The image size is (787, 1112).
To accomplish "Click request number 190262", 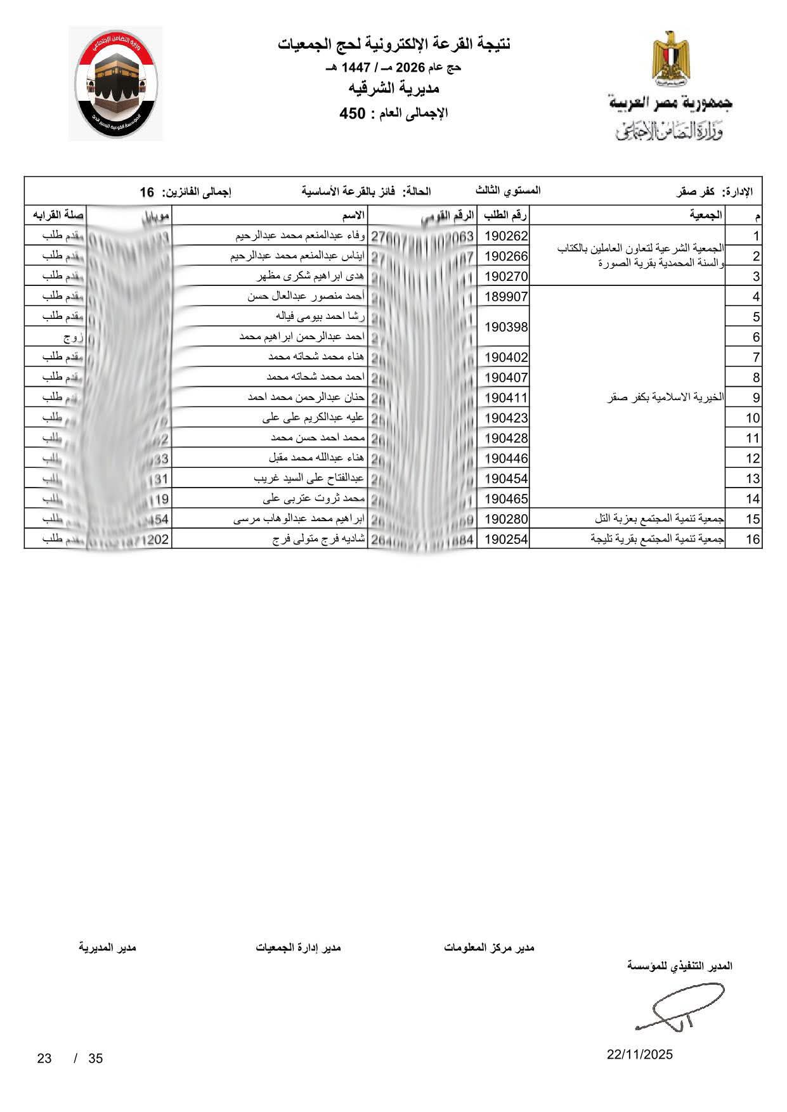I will point(506,236).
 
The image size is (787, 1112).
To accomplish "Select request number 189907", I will point(506,296).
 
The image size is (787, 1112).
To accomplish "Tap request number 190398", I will point(506,326).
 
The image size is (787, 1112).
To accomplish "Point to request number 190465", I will point(506,498).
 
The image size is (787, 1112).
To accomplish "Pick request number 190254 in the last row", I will point(506,539).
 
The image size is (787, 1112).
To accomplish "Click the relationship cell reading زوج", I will point(71,337).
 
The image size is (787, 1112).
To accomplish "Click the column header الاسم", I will point(353,216).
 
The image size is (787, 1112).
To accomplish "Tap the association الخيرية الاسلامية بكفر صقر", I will point(665,398).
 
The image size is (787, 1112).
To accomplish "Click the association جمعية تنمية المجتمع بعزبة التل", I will point(660,519).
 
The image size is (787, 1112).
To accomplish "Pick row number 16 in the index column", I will point(753,539).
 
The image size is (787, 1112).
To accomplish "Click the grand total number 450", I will point(353,114).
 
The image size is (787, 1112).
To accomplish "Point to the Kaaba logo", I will point(115,84).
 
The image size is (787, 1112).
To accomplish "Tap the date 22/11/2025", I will point(640,1055).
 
